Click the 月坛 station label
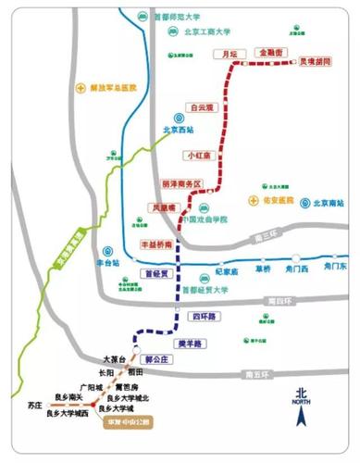pyautogui.click(x=230, y=55)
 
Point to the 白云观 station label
pyautogui.click(x=201, y=107)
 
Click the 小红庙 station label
pyautogui.click(x=199, y=155)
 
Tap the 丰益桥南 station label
pyautogui.click(x=157, y=244)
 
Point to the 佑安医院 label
pyautogui.click(x=277, y=200)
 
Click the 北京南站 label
pyautogui.click(x=328, y=201)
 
